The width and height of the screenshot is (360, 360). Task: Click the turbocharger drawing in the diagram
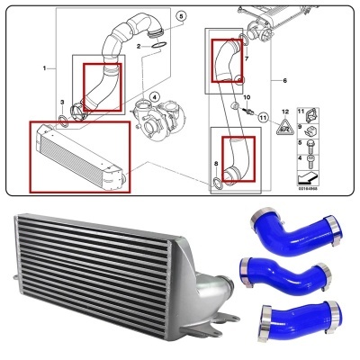(151, 116)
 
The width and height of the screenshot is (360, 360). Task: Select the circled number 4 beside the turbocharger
(154, 96)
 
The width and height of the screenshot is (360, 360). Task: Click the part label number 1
(45, 68)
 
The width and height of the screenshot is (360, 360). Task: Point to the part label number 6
(284, 81)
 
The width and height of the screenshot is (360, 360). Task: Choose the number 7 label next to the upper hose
(246, 58)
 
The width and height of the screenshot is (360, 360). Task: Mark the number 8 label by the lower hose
(216, 163)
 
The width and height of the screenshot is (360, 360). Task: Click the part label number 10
(247, 97)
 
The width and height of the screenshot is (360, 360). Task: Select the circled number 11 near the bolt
(263, 117)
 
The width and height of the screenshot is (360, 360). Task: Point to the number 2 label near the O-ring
(139, 45)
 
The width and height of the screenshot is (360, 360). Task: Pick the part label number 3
(61, 103)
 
